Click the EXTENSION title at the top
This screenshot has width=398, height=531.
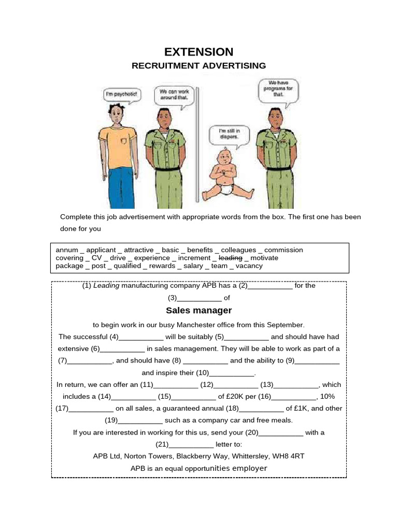click(198, 52)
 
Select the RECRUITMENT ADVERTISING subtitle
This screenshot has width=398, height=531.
click(198, 66)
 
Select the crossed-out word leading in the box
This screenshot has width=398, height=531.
click(231, 258)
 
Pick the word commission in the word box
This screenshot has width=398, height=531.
click(283, 250)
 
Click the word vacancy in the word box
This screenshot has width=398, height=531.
click(249, 266)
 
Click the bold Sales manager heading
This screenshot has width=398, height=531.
click(198, 311)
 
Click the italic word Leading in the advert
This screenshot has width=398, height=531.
click(106, 286)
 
